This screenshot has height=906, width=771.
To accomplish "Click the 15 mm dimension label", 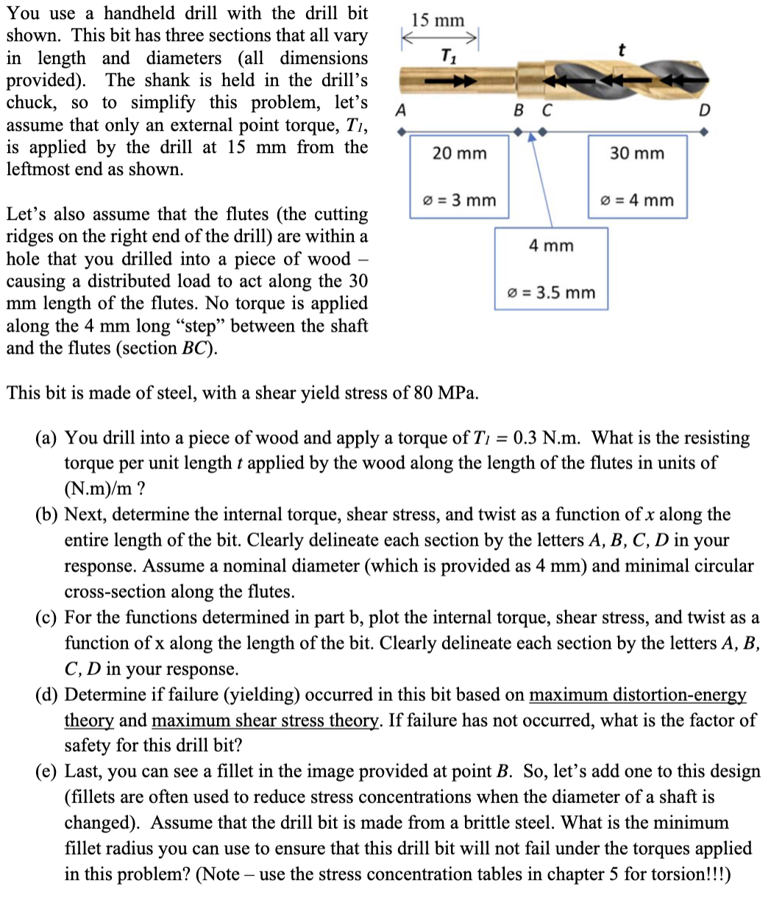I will point(438,20).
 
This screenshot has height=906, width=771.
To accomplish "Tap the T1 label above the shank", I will point(447,54).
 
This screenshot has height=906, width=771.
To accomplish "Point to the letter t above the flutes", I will point(622,49).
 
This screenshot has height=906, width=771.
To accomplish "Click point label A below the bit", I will point(400,110).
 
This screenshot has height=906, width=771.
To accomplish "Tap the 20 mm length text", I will point(459,153).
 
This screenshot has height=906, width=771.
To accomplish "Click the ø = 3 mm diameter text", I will point(459,200).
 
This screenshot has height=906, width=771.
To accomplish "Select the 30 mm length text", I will point(637,153).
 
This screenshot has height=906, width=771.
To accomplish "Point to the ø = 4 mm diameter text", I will point(637,200).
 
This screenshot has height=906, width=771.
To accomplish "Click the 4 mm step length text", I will point(551,246).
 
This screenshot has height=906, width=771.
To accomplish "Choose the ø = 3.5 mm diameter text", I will point(551,293).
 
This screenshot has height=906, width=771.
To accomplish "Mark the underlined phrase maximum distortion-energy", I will point(638,694).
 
